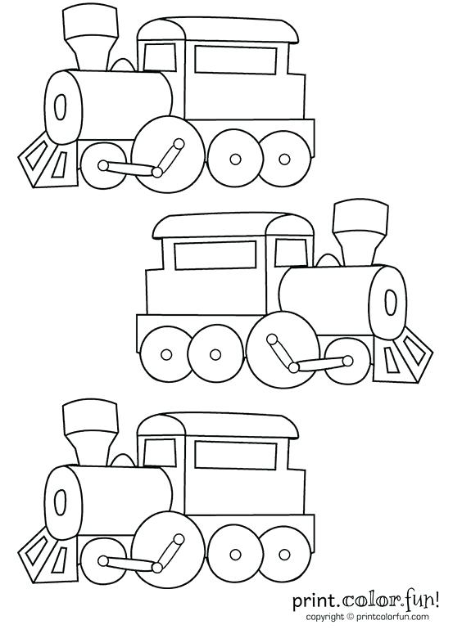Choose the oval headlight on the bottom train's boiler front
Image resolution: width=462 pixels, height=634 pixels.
pyautogui.click(x=60, y=501)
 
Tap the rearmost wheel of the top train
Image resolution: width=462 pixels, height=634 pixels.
pyautogui.click(x=285, y=158)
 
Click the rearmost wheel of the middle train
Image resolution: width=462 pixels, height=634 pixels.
pyautogui.click(x=166, y=353)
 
